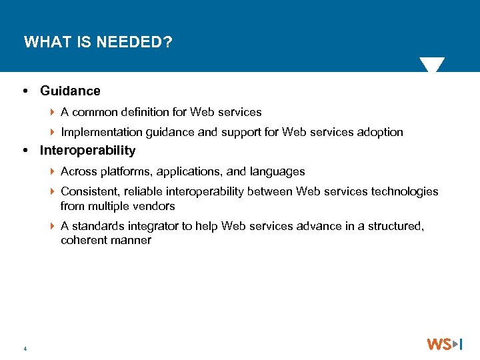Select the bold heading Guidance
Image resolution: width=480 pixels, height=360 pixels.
point(70,91)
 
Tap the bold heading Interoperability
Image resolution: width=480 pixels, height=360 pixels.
point(87,151)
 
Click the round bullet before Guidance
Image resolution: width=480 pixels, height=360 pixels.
point(25,91)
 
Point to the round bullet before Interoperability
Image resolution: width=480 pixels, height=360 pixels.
point(25,151)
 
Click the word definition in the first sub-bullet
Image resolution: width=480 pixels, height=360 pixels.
point(148,112)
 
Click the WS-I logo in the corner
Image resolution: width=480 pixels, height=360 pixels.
point(445,344)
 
